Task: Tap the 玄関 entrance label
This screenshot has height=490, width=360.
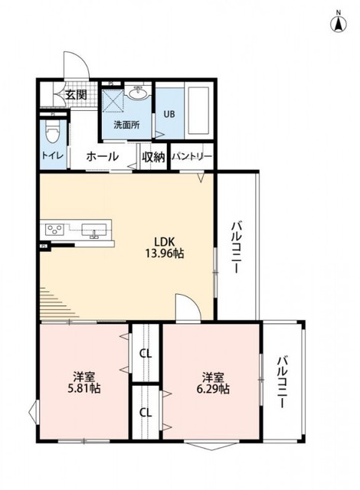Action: [75, 95]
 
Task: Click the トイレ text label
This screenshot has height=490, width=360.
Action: [52, 156]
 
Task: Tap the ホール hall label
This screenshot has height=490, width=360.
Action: [102, 156]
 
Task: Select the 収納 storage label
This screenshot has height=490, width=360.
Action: [152, 157]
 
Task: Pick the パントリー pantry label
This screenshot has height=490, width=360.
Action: [191, 157]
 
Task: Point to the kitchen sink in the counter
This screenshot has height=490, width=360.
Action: [95, 230]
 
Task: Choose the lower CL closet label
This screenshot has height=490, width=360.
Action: [145, 412]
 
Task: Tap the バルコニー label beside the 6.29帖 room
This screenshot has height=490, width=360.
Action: [283, 381]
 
